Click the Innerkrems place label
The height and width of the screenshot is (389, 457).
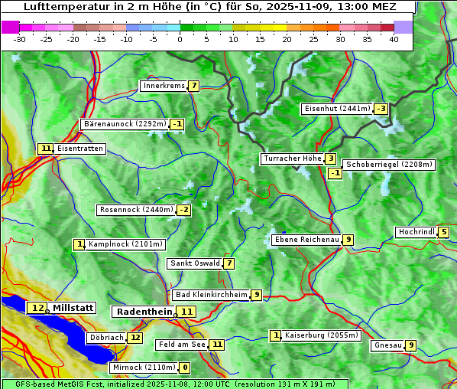pos(164,86)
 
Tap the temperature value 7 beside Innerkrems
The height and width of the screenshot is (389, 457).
pos(194,86)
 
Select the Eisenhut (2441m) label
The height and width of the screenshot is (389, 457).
pos(337,109)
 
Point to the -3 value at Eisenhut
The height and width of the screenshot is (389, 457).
pos(381,109)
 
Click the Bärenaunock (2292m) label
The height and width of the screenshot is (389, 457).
pos(124,123)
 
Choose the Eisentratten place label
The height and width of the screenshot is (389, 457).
pos(79,149)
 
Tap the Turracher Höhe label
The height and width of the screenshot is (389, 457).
pos(291,159)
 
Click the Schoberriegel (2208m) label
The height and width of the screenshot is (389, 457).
pos(389,165)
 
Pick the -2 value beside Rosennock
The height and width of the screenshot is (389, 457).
pos(183,210)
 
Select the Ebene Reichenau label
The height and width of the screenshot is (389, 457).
pos(306,240)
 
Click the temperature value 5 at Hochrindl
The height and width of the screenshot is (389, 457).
pos(443,232)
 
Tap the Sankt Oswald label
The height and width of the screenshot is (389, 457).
pos(194,263)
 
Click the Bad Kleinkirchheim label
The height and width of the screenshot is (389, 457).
pos(211,295)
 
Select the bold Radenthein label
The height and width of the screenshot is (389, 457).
pos(144,312)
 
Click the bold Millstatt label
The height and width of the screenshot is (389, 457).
pos(73,308)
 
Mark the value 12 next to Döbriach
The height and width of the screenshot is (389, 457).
pos(135,337)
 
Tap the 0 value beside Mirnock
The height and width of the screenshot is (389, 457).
pos(185,368)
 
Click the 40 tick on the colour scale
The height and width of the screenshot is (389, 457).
pos(394,39)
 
